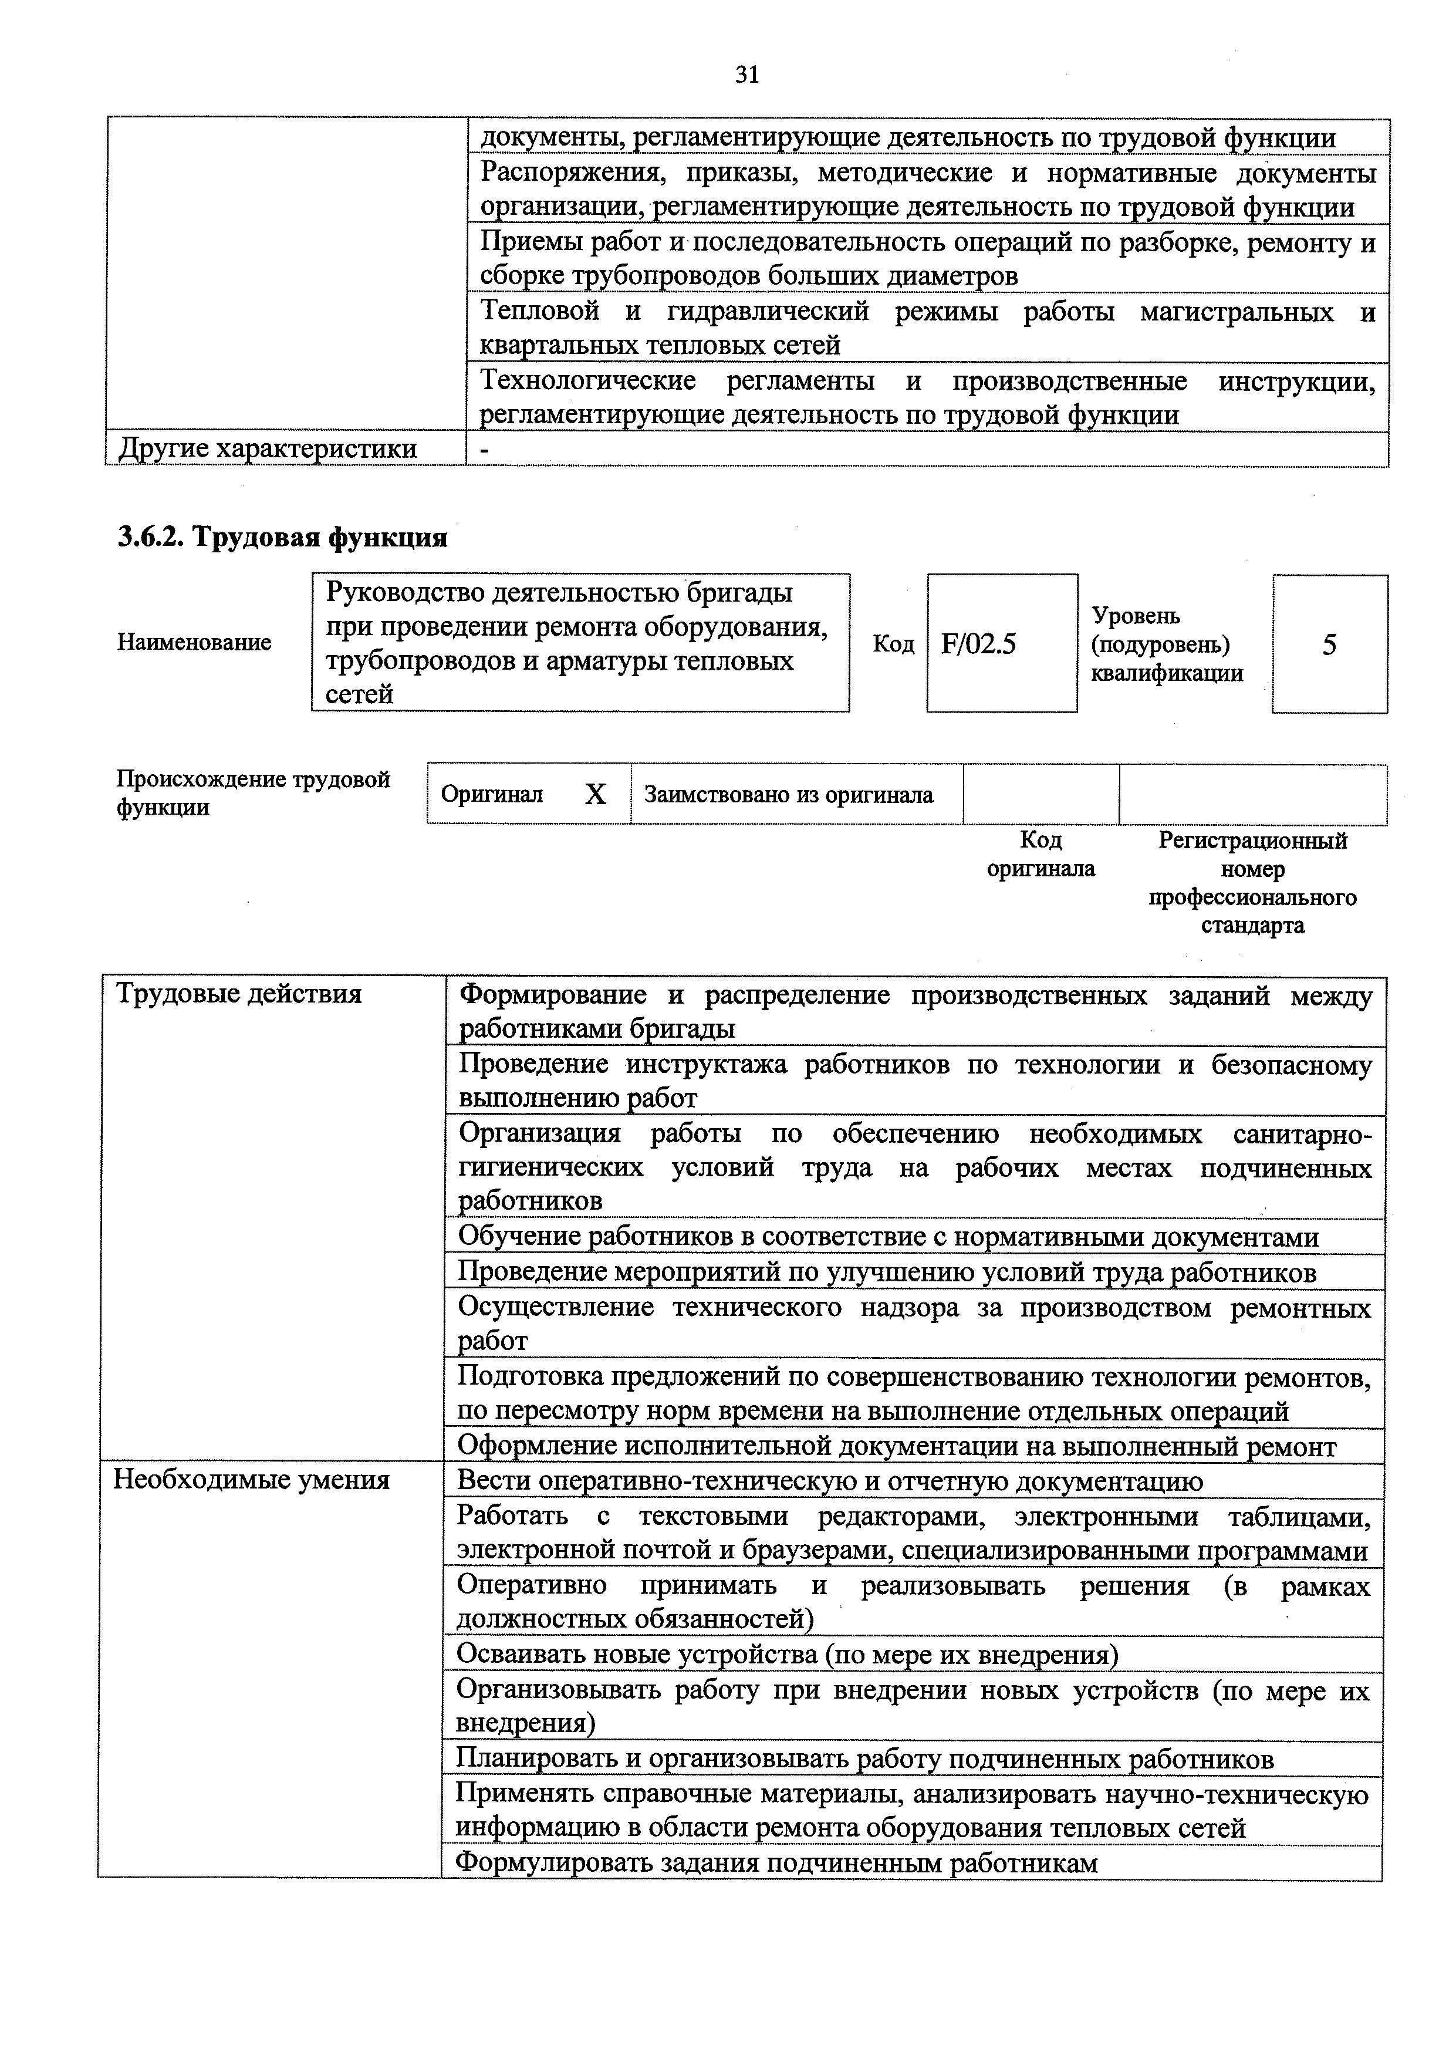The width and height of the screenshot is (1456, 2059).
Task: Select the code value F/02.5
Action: [x=978, y=644]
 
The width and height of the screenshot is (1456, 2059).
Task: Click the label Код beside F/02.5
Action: [x=893, y=644]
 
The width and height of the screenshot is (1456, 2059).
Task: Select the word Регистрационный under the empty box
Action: [x=1252, y=841]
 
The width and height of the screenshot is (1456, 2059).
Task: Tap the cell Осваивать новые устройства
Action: [x=787, y=1653]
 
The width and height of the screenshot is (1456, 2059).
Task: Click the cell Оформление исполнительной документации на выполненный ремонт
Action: [x=897, y=1446]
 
